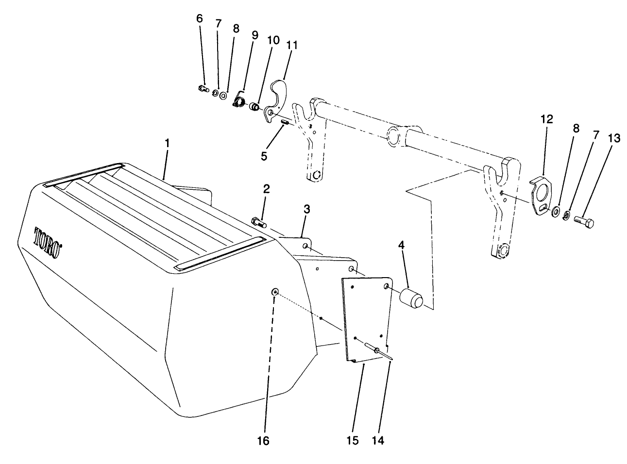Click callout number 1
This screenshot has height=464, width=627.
tap(167, 144)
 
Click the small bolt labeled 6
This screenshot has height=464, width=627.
tap(203, 88)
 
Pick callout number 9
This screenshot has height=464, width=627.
tap(254, 35)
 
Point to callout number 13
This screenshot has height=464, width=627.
tap(613, 139)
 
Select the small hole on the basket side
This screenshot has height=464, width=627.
tap(275, 292)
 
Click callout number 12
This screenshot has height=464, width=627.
tap(546, 119)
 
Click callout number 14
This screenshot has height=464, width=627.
tap(378, 440)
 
